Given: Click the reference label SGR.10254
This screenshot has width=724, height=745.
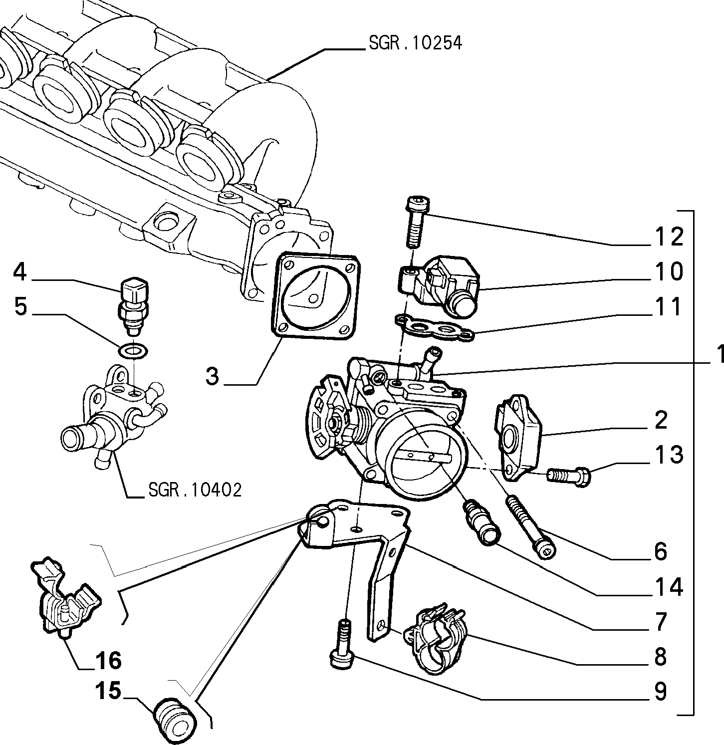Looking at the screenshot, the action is [415, 43].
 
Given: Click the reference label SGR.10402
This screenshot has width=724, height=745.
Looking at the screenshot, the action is [195, 490].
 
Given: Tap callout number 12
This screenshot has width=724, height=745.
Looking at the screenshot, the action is [668, 237].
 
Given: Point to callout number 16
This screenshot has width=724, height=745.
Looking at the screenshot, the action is [106, 661].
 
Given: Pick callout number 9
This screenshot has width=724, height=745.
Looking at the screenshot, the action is [661, 692].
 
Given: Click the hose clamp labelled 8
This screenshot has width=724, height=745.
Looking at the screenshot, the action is [437, 639].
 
